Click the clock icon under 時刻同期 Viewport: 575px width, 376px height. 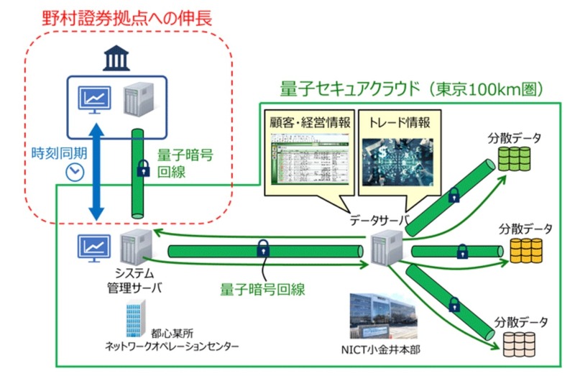pyautogui.click(x=72, y=173)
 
